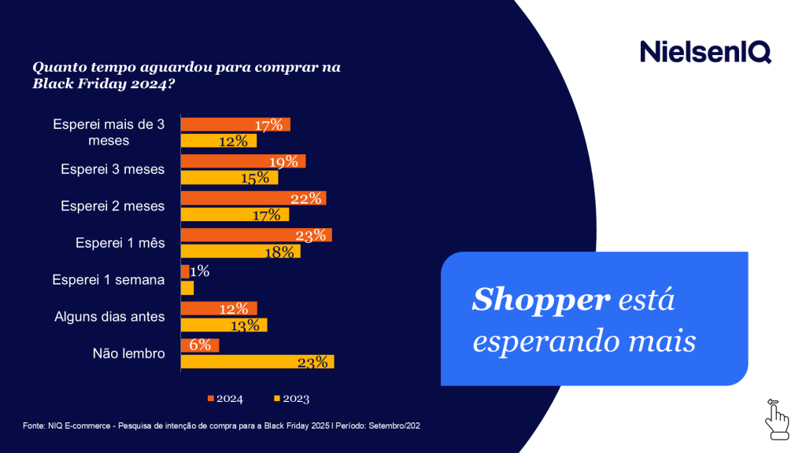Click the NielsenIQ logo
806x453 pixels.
705,51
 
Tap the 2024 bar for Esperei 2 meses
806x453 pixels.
253,198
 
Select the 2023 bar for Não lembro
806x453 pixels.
257,362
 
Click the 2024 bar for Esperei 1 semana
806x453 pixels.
185,271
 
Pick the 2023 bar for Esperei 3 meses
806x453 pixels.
229,178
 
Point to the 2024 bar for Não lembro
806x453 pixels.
200,345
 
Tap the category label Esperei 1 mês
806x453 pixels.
120,243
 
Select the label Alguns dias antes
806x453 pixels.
109,317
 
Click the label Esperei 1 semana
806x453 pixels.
109,280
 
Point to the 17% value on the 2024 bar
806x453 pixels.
268,125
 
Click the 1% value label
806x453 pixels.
199,271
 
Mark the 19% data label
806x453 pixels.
283,161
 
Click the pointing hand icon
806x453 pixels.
776,418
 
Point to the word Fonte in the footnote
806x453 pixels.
34,425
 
